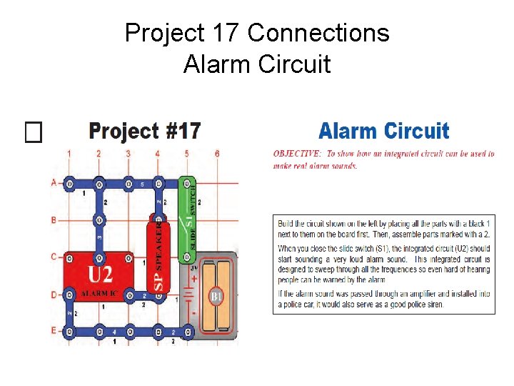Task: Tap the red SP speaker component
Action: coord(158,257)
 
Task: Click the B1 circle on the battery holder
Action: coord(216,296)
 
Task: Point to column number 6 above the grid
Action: coord(216,153)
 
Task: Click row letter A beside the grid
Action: coord(53,183)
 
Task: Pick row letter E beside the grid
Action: coord(53,331)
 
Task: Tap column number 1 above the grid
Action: coord(69,153)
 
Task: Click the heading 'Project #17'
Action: coord(144,132)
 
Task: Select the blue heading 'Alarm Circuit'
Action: coord(383,132)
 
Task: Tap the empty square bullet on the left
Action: coord(34,131)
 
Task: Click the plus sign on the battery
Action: coord(193,279)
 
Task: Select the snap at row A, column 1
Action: coord(69,183)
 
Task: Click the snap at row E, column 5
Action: coord(187,332)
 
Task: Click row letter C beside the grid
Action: coord(53,257)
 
